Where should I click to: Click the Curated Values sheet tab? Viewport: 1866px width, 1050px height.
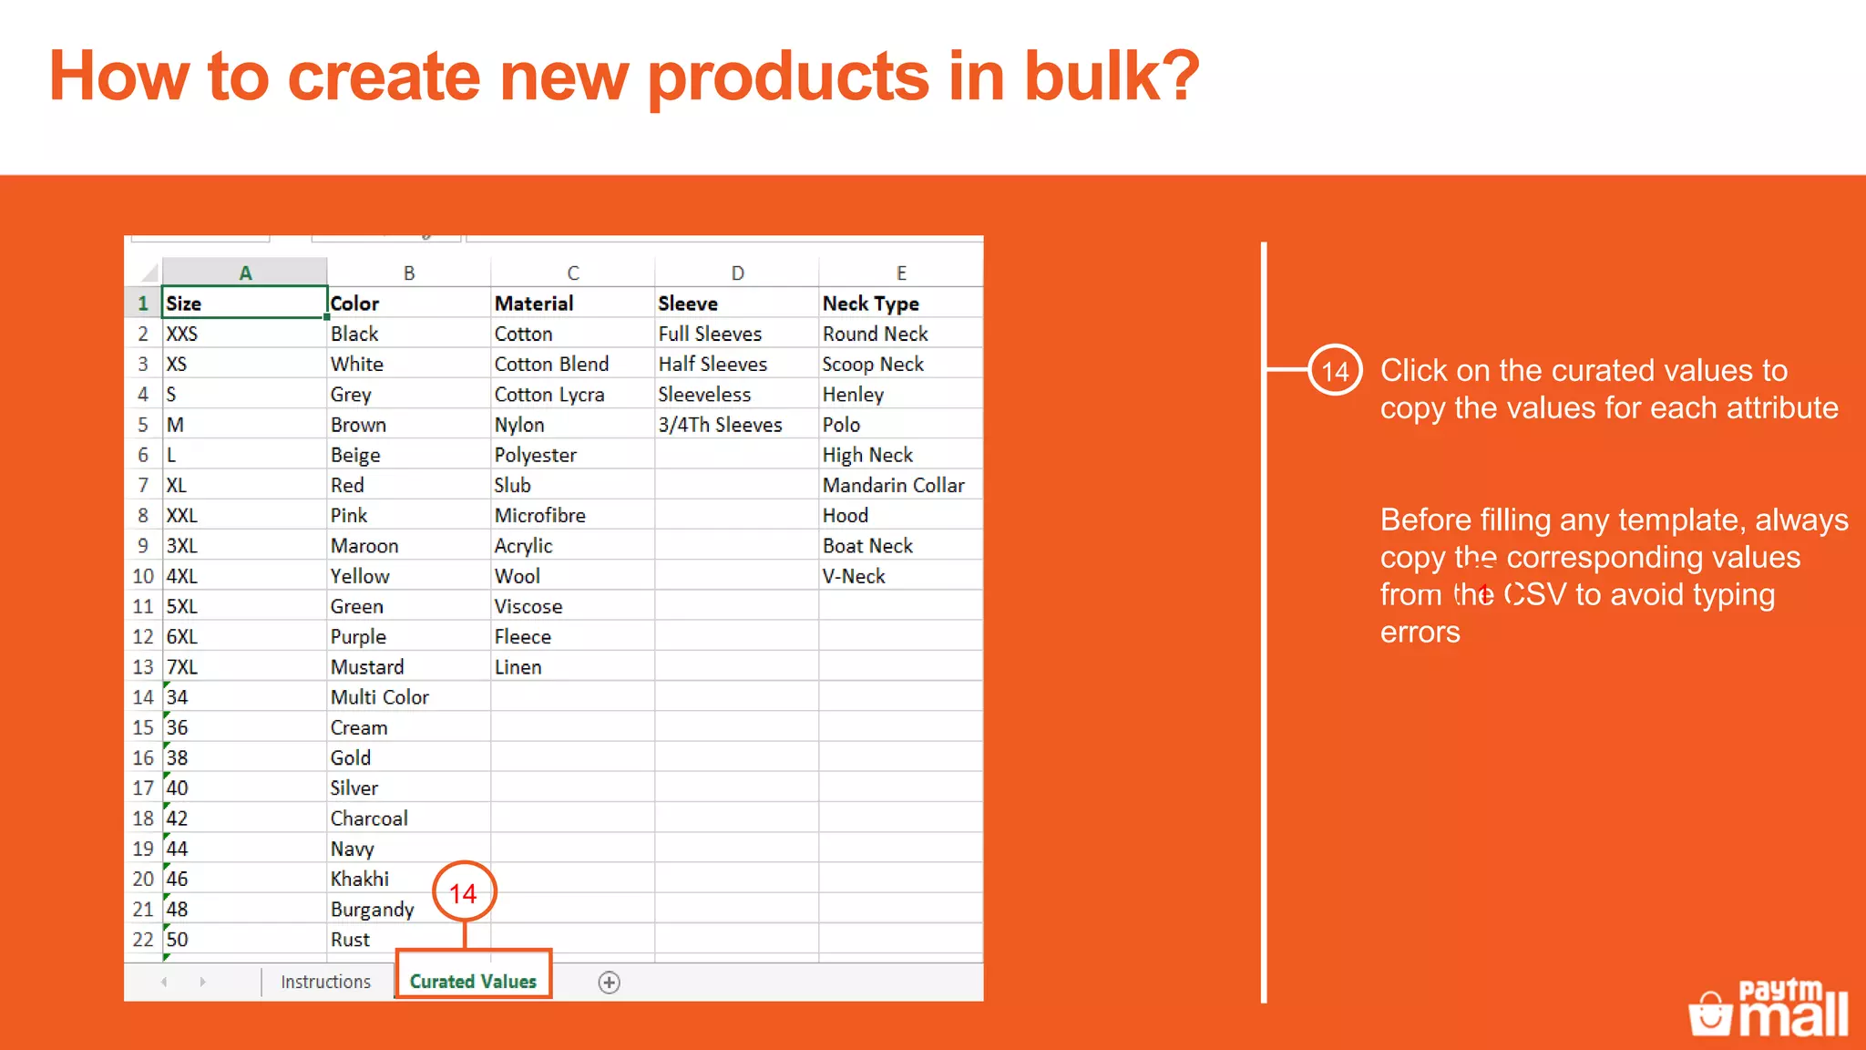(x=473, y=981)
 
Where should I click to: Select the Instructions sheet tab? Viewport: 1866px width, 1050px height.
(x=325, y=982)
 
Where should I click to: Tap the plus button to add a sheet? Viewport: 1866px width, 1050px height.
(x=609, y=983)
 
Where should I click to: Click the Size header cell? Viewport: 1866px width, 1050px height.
(x=243, y=304)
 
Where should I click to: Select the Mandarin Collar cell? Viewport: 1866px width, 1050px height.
(x=893, y=485)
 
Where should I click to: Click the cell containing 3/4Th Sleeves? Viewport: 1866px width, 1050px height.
(x=720, y=425)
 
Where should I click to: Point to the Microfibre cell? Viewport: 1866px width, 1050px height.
(x=539, y=515)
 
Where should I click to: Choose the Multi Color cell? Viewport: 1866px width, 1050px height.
(x=379, y=697)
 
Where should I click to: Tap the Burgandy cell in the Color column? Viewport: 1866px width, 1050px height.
(x=372, y=910)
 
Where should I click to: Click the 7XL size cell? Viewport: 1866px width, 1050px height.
(x=182, y=667)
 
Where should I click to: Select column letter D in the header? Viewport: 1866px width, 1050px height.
(x=737, y=273)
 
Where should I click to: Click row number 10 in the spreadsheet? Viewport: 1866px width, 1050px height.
(x=143, y=576)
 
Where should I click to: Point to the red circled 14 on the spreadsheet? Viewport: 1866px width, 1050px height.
(x=464, y=892)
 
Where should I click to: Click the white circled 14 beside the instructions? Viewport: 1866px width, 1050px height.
(x=1335, y=370)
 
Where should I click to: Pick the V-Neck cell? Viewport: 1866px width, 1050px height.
(x=854, y=576)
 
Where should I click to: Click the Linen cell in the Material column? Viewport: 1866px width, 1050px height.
(x=518, y=667)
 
